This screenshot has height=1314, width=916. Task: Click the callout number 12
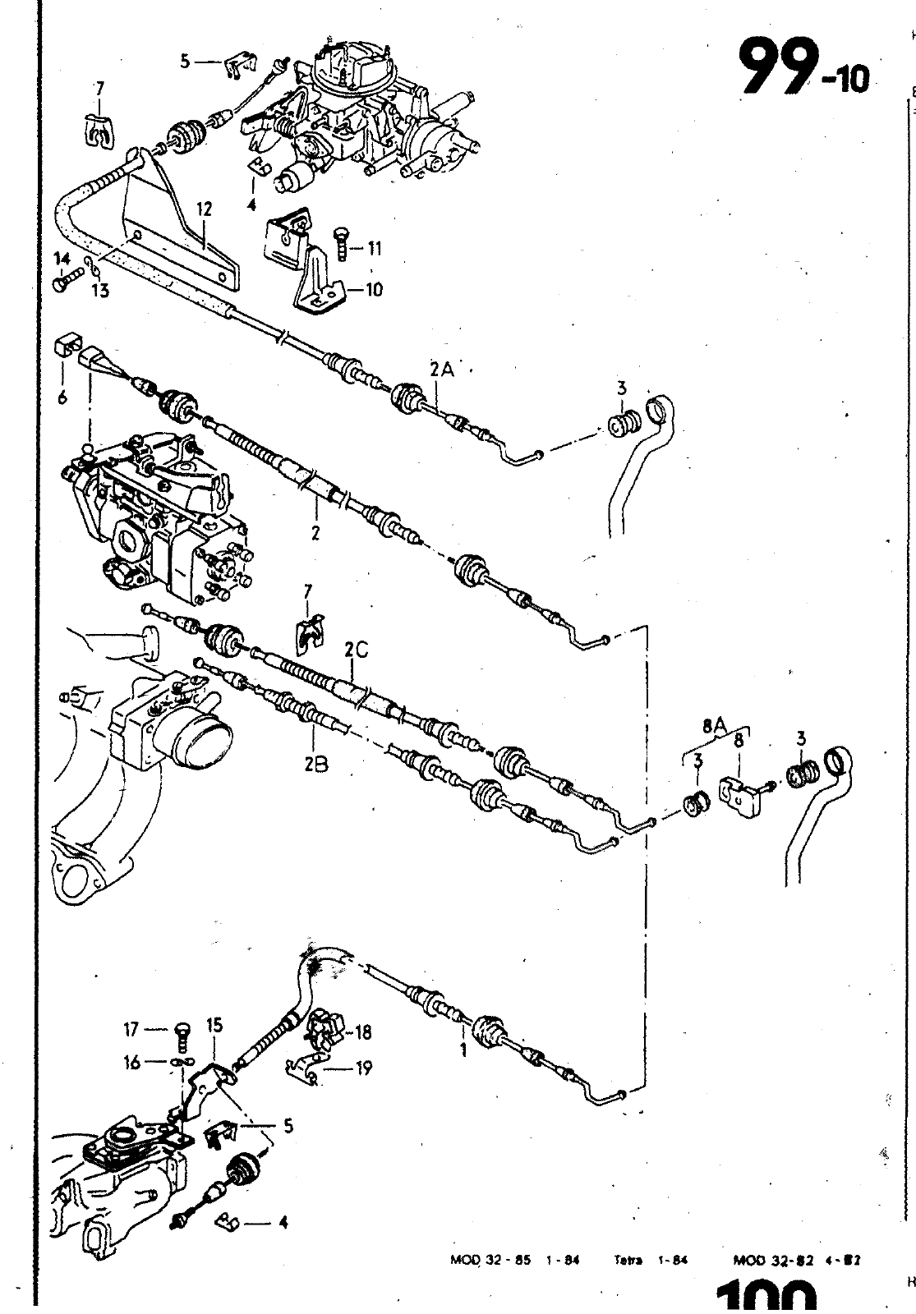coord(204,210)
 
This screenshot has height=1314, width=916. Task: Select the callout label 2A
coord(442,370)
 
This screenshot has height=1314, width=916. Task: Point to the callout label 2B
coord(315,764)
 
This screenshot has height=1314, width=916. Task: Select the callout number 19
coord(364,1068)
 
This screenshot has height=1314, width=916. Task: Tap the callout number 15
coord(214,1026)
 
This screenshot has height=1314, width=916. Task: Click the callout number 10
coord(375,290)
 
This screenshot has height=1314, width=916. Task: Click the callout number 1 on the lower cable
coord(463,1049)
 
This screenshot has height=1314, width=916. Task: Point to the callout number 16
coord(131,1063)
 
